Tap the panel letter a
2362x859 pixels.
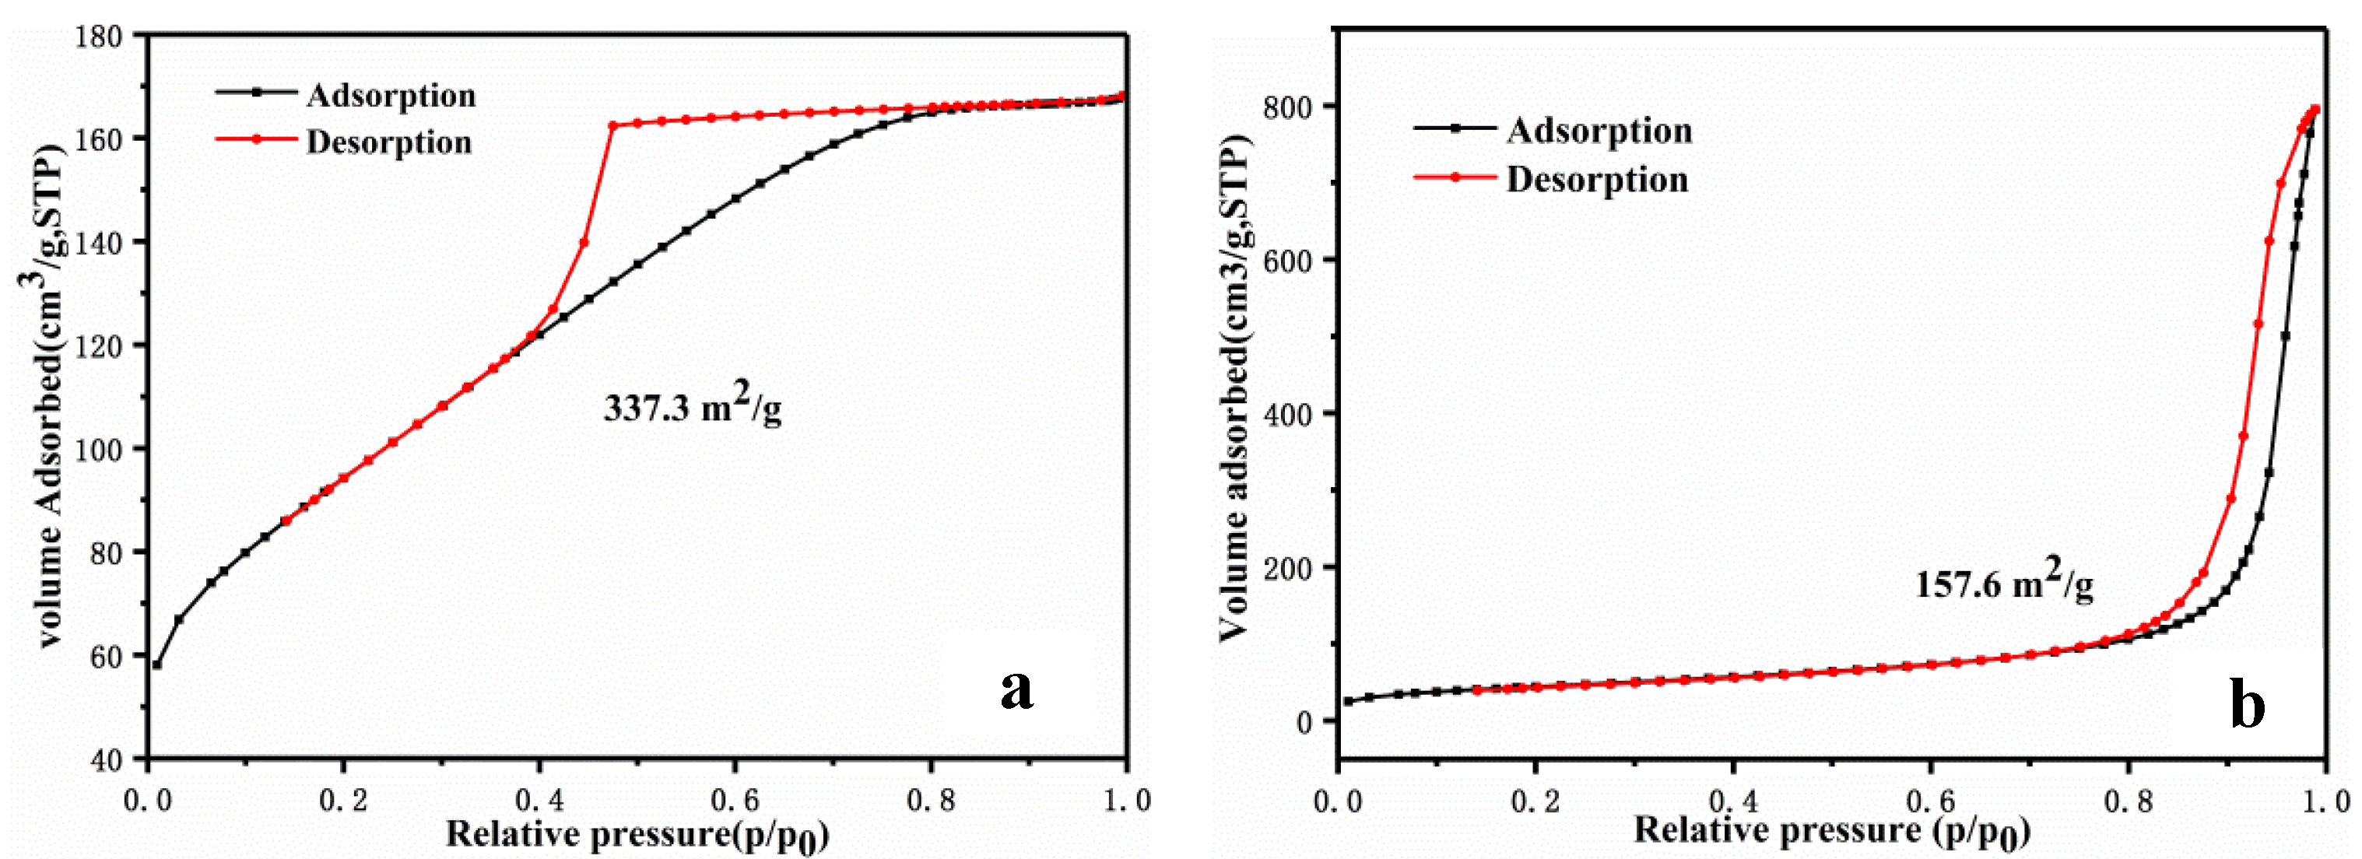[1016, 689]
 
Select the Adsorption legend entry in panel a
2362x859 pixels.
[390, 96]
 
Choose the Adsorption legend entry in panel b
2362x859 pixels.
[1599, 130]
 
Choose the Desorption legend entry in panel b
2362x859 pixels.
[1596, 180]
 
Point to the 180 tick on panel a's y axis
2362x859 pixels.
[100, 37]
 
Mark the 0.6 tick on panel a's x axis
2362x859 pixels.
[735, 801]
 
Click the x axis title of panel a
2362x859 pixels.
[637, 835]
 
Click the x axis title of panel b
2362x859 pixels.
[1831, 830]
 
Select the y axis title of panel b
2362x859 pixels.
[1234, 385]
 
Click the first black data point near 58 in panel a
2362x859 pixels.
[156, 664]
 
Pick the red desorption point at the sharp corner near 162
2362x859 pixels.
[613, 125]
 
